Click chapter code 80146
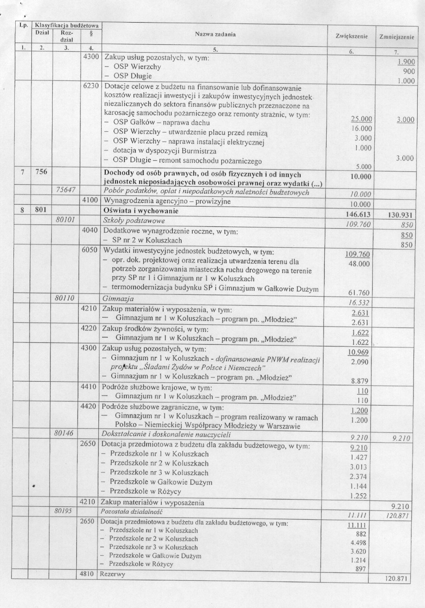pos(65,433)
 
